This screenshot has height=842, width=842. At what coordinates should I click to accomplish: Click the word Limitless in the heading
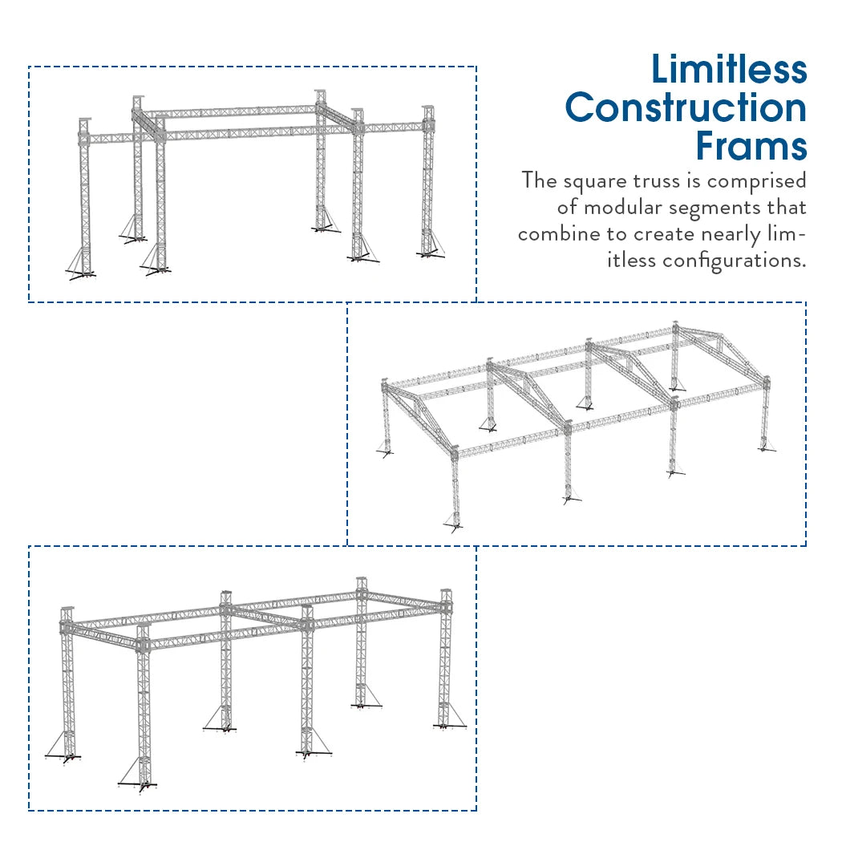(x=728, y=69)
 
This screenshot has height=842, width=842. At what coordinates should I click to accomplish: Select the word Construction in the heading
(x=686, y=108)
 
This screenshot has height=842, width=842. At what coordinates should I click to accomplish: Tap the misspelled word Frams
(x=751, y=147)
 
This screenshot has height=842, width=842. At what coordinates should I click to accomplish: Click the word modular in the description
(x=626, y=208)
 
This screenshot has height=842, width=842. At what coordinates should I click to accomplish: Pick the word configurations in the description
(x=734, y=260)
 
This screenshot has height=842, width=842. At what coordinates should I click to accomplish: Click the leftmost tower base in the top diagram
(x=81, y=275)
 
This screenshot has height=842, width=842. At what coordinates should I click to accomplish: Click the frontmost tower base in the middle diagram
(x=455, y=525)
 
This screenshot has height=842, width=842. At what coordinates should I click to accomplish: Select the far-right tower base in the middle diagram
(x=767, y=448)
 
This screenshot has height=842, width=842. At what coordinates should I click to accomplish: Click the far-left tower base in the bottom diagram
(x=64, y=756)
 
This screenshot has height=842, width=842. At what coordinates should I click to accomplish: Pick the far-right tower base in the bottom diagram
(x=449, y=726)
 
